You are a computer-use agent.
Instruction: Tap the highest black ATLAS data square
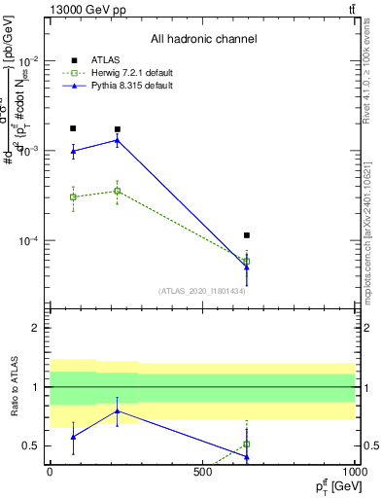pyautogui.click(x=73, y=128)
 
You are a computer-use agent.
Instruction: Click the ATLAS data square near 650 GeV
pyautogui.click(x=247, y=235)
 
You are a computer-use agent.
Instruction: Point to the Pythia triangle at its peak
pyautogui.click(x=118, y=140)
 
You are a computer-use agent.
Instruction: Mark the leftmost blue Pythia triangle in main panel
pyautogui.click(x=73, y=151)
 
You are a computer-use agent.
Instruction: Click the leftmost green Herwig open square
pyautogui.click(x=73, y=196)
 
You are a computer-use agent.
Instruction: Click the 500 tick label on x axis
pyautogui.click(x=202, y=472)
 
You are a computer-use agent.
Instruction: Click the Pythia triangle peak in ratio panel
pyautogui.click(x=118, y=410)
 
